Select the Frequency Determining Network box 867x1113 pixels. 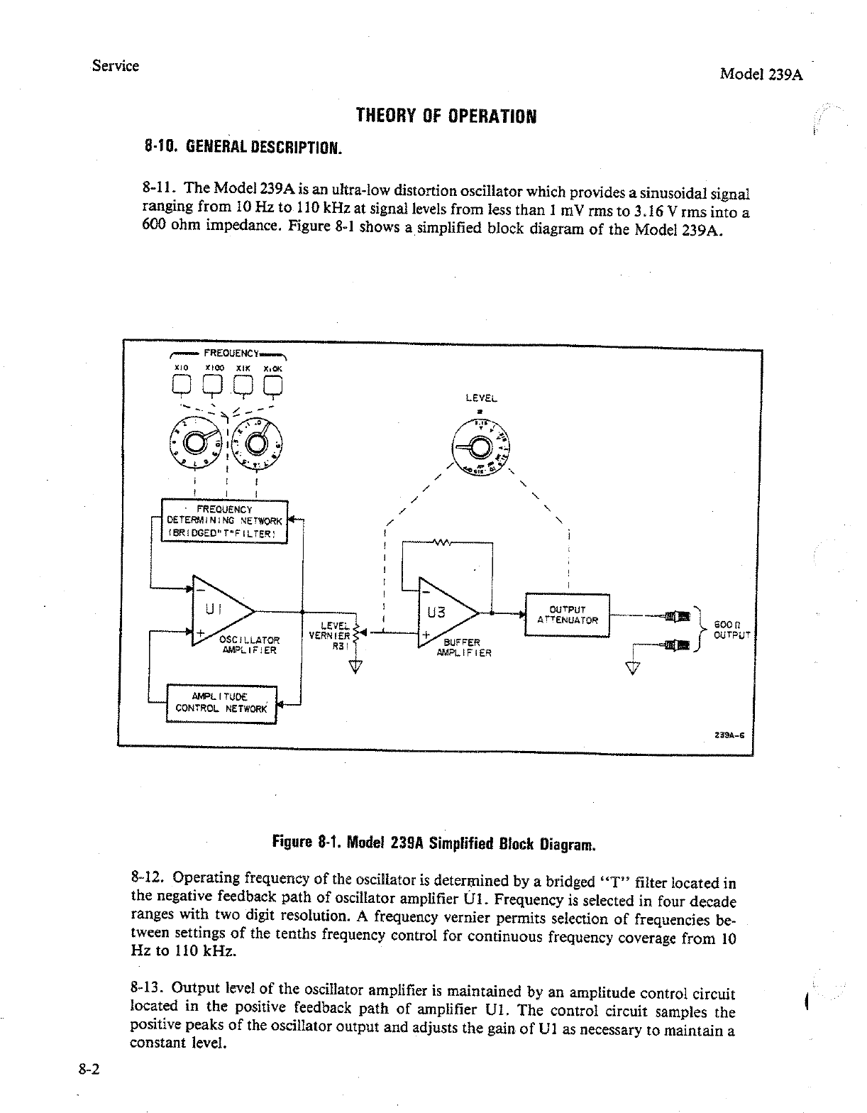[x=224, y=521]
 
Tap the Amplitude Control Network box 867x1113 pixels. [x=221, y=703]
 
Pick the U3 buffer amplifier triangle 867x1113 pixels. [x=444, y=613]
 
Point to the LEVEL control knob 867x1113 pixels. [x=480, y=448]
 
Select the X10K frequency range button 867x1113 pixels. [x=273, y=385]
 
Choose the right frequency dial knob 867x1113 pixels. [x=255, y=444]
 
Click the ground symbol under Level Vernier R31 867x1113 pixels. [x=355, y=665]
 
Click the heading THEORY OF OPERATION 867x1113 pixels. [x=446, y=115]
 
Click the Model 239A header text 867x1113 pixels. [x=761, y=74]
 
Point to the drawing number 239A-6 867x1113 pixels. [x=730, y=735]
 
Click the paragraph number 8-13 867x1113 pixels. [x=148, y=988]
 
